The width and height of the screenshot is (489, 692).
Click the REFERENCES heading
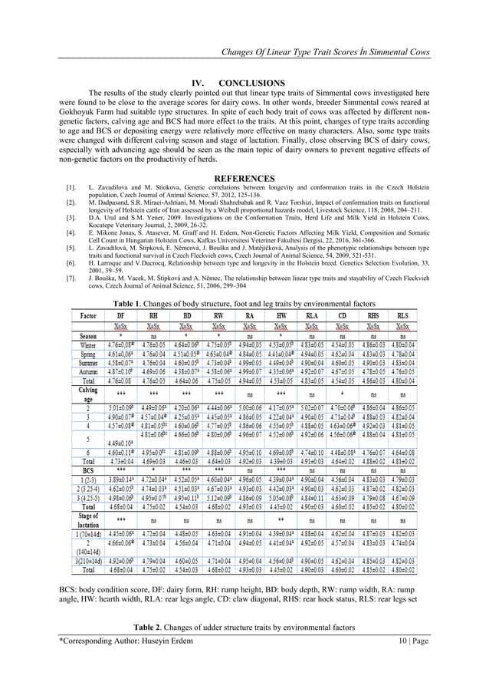[245, 178]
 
